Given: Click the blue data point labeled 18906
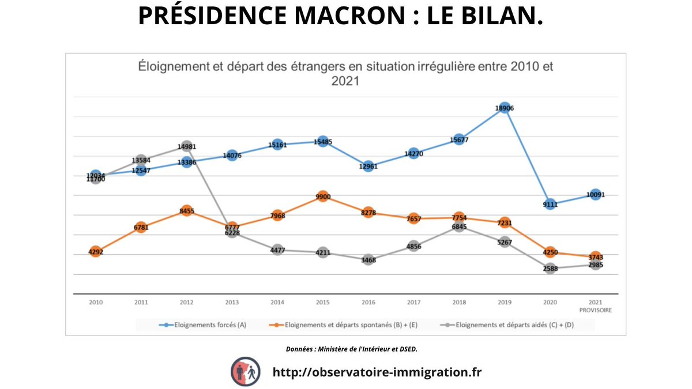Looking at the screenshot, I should pyautogui.click(x=504, y=108).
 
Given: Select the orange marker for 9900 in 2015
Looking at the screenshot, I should pyautogui.click(x=323, y=197).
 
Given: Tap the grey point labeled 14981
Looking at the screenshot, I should pyautogui.click(x=186, y=146).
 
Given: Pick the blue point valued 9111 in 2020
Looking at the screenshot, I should pyautogui.click(x=550, y=203).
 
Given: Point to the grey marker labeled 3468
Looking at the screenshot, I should pyautogui.click(x=368, y=260).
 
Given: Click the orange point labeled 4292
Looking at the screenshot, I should pyautogui.click(x=96, y=251).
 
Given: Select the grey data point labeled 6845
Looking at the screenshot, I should pyautogui.click(x=459, y=227).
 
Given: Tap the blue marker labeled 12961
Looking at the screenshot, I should pyautogui.click(x=368, y=167).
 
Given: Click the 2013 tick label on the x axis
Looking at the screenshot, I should pyautogui.click(x=232, y=302).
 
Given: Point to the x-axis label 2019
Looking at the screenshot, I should pyautogui.click(x=504, y=302).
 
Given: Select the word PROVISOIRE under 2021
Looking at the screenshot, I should pyautogui.click(x=595, y=309).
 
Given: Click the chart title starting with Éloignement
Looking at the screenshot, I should pyautogui.click(x=345, y=73).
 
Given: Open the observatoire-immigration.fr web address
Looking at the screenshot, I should pyautogui.click(x=377, y=372).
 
